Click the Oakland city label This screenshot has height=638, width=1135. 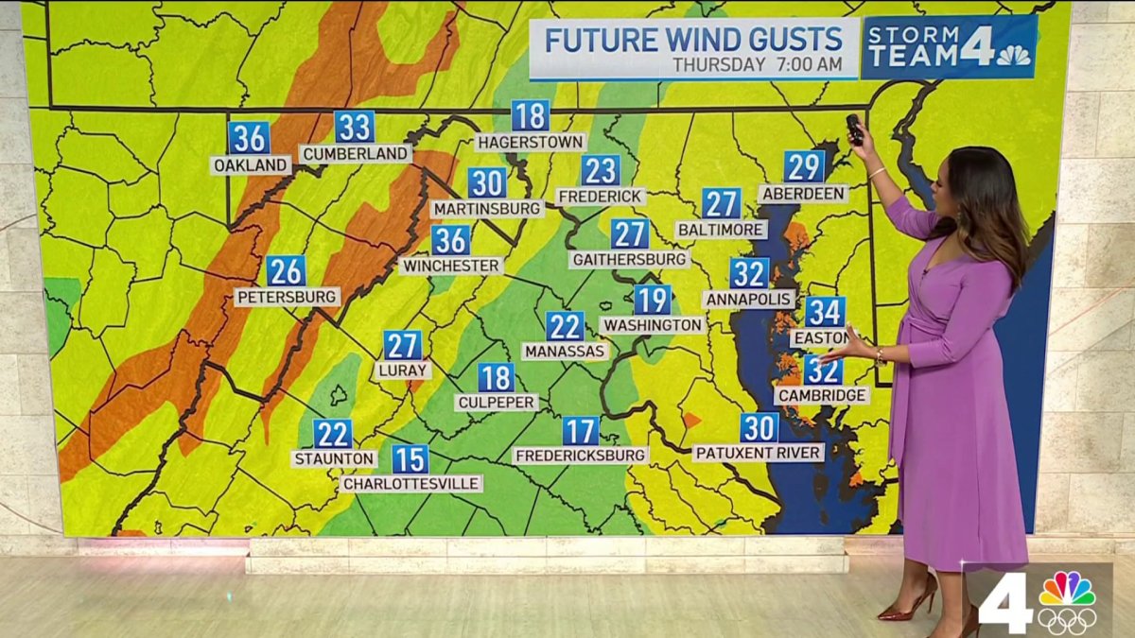[251, 165]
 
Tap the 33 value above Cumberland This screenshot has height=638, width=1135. [354, 127]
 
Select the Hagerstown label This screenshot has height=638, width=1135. [530, 142]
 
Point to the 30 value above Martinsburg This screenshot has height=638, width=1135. [487, 182]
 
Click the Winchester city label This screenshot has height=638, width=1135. [451, 266]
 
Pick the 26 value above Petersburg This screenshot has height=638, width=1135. [286, 271]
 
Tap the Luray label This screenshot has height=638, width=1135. [403, 371]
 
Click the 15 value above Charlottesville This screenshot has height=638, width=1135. [410, 459]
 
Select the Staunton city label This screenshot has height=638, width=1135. [333, 458]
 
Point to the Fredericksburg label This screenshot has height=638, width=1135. [581, 456]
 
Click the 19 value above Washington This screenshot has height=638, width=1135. [653, 300]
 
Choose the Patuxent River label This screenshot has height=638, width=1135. [759, 453]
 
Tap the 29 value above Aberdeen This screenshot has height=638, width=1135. [804, 167]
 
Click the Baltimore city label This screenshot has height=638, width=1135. [722, 229]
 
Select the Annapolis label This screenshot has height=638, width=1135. [748, 299]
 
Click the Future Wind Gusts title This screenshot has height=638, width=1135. [693, 41]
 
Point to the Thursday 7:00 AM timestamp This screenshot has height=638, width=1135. [757, 65]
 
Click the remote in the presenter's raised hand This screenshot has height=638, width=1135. [854, 129]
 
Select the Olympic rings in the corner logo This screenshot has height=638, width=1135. [1067, 620]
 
